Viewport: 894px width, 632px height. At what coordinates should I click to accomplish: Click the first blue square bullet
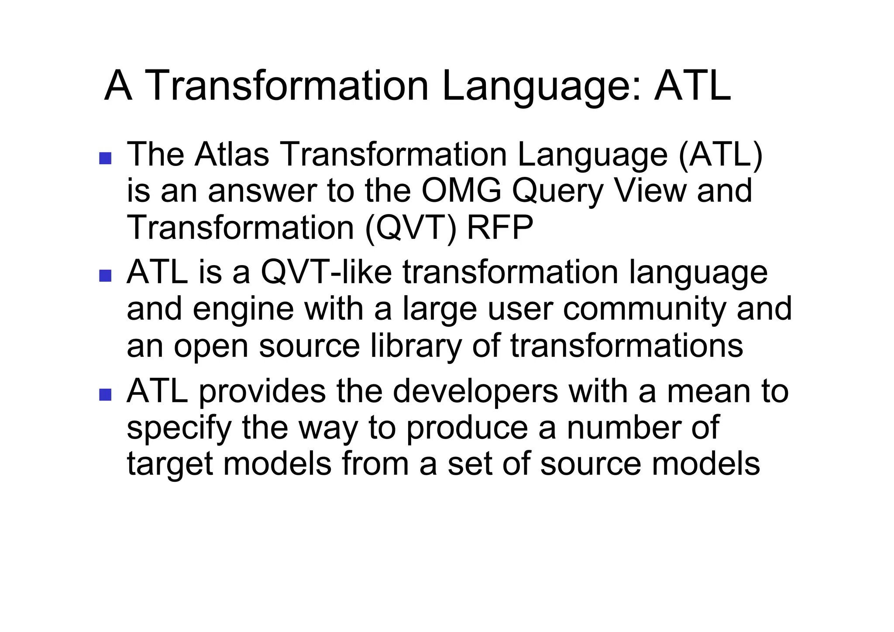click(x=105, y=158)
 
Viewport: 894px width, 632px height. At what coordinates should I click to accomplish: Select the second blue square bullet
click(x=105, y=276)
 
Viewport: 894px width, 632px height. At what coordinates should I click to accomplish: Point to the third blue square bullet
click(x=105, y=394)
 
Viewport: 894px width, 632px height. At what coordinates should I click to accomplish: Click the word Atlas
click(x=231, y=155)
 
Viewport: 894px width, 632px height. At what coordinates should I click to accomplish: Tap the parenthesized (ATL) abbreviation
click(x=720, y=155)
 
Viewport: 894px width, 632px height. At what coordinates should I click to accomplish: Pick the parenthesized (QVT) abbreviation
click(x=410, y=228)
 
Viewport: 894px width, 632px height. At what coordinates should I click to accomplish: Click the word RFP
click(x=500, y=228)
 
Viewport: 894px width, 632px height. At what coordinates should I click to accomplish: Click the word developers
click(x=475, y=391)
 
